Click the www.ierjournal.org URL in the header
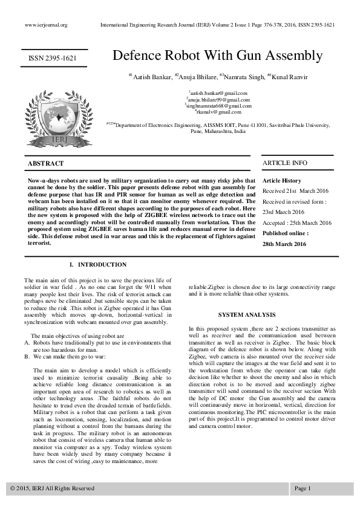coord(46,25)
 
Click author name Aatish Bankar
coord(149,77)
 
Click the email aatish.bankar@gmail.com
coord(218,93)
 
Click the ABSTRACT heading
coord(46,163)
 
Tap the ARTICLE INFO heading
coord(284,163)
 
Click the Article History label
coord(282,181)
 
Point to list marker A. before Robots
coord(27,342)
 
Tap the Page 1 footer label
coord(303,488)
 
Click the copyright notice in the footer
coord(52,488)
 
